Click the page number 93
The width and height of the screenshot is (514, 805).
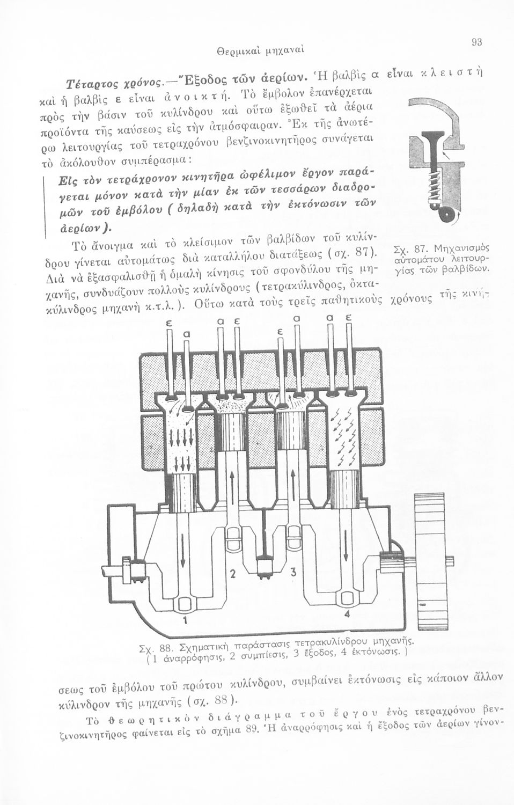click(x=476, y=42)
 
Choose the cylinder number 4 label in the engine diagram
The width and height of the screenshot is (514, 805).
click(x=347, y=614)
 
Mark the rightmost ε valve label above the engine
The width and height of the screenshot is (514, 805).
click(x=348, y=318)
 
